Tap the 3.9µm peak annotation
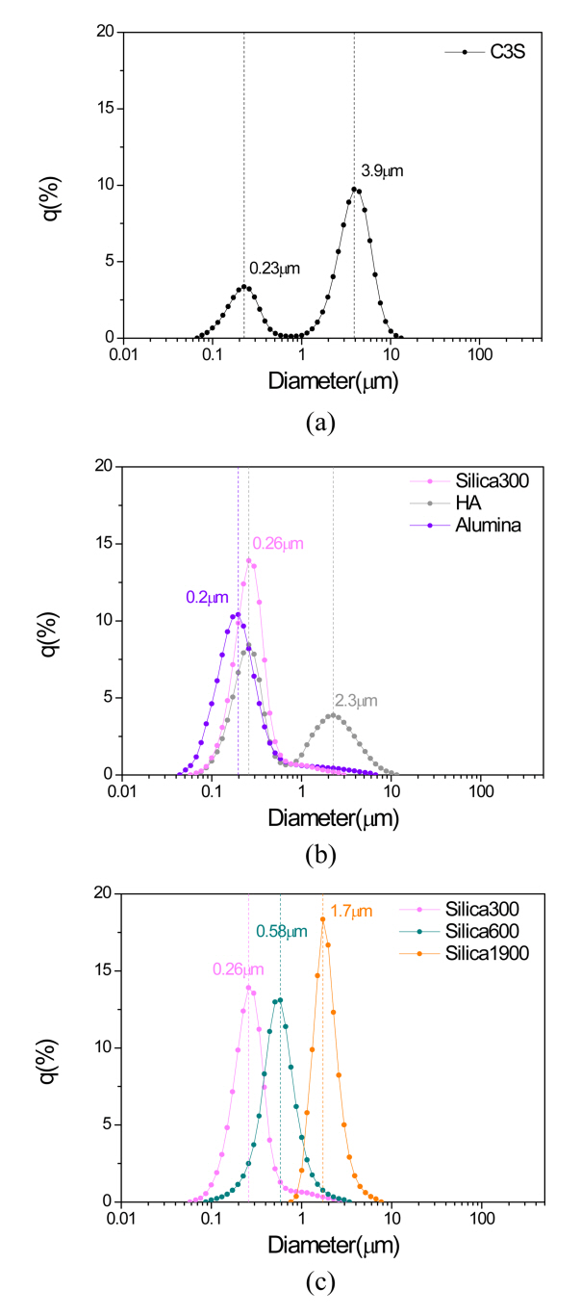(x=382, y=171)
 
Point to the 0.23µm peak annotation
(x=274, y=270)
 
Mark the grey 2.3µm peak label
(x=356, y=701)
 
